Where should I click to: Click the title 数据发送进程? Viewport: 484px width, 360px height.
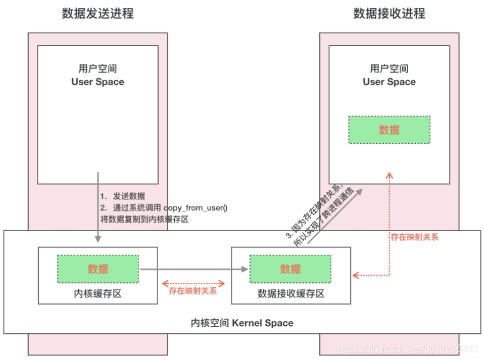(x=98, y=14)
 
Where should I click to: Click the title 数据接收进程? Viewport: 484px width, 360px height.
(x=389, y=14)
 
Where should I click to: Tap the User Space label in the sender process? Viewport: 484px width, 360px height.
(x=98, y=82)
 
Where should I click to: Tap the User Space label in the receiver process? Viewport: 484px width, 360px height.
(x=389, y=82)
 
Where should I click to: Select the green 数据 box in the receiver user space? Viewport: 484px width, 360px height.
(x=389, y=130)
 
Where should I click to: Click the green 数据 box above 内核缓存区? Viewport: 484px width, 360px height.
(x=98, y=269)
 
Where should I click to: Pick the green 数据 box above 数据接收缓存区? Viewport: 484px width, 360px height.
(x=290, y=269)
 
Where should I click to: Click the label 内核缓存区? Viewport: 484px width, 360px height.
(x=98, y=294)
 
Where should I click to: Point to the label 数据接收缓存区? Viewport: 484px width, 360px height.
(x=291, y=294)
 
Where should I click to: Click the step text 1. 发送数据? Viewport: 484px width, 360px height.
(x=122, y=196)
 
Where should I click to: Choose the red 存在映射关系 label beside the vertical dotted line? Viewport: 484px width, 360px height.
(x=415, y=237)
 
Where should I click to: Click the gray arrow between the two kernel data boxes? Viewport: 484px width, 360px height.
(x=194, y=270)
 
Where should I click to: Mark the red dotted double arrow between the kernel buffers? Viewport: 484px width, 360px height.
(x=194, y=282)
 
